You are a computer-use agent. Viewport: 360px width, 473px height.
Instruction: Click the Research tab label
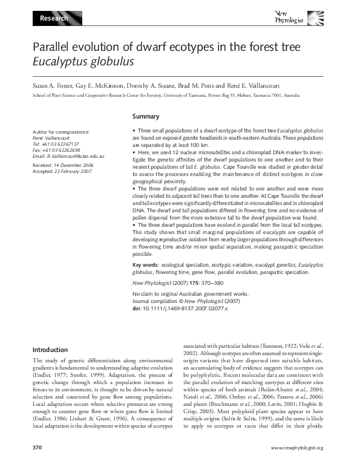pyautogui.click(x=54, y=19)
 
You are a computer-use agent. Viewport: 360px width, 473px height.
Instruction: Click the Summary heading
pyautogui.click(x=145, y=117)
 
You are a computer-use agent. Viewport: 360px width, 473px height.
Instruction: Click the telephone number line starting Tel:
pyautogui.click(x=56, y=144)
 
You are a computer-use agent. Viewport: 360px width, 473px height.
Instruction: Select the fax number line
pyautogui.click(x=56, y=150)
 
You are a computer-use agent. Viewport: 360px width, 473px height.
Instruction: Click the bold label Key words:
pyautogui.click(x=146, y=264)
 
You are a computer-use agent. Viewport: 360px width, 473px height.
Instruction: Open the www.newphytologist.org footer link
pyautogui.click(x=297, y=465)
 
